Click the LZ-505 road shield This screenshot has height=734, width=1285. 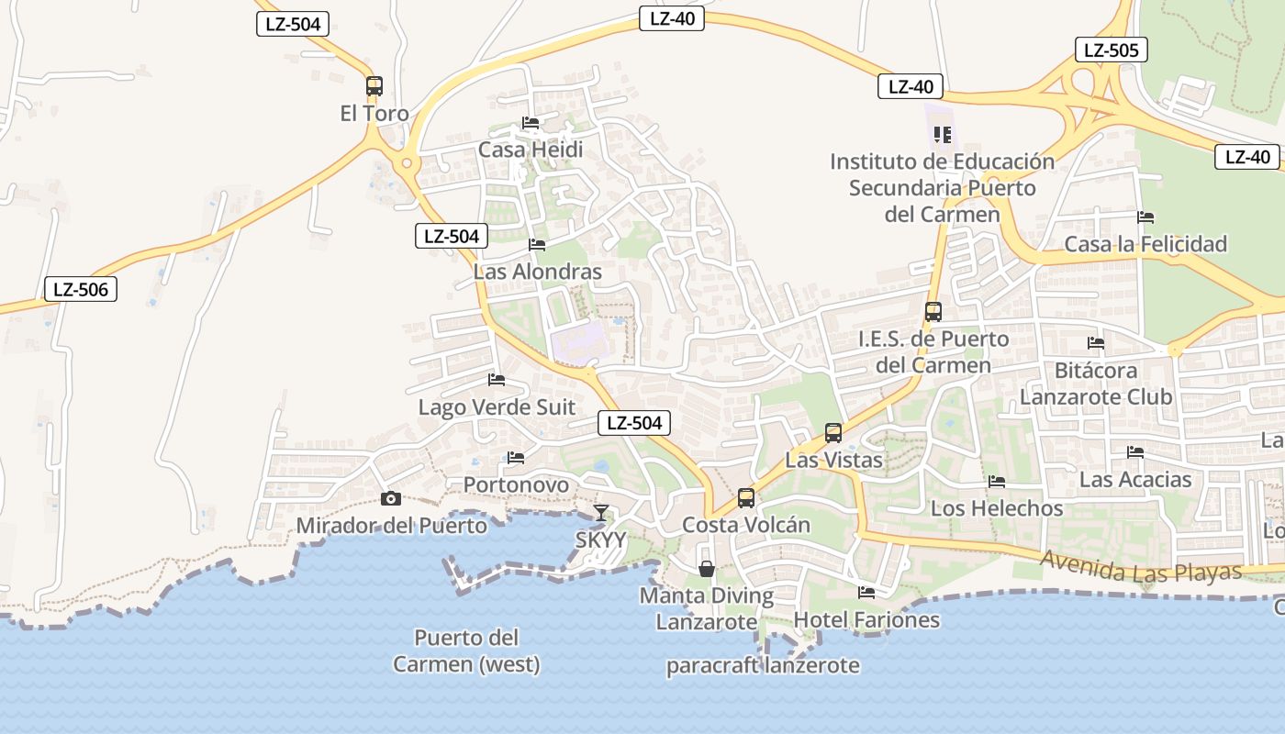[x=1111, y=50]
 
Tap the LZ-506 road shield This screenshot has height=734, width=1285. [x=81, y=290]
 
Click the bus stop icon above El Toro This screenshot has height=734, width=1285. [x=374, y=86]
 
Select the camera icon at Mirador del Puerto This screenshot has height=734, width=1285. [x=391, y=498]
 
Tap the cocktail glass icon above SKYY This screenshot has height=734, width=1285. [x=600, y=512]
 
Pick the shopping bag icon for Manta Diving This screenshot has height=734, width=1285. [x=707, y=569]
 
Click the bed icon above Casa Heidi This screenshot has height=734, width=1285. [x=531, y=123]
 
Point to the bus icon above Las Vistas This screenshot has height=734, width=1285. [x=833, y=433]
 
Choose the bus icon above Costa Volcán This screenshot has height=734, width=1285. [x=746, y=498]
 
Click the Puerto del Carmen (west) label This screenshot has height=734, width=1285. [x=466, y=651]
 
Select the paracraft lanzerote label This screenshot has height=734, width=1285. [x=763, y=665]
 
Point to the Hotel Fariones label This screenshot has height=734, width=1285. [x=866, y=619]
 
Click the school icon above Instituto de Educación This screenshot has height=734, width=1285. [x=942, y=135]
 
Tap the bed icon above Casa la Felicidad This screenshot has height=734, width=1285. [x=1145, y=217]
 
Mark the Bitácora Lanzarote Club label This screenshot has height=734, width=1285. [x=1096, y=384]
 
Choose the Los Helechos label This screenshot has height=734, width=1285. [x=997, y=507]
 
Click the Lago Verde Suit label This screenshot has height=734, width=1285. [x=497, y=406]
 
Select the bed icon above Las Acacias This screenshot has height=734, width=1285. [x=1135, y=452]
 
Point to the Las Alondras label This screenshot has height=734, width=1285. [x=537, y=272]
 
